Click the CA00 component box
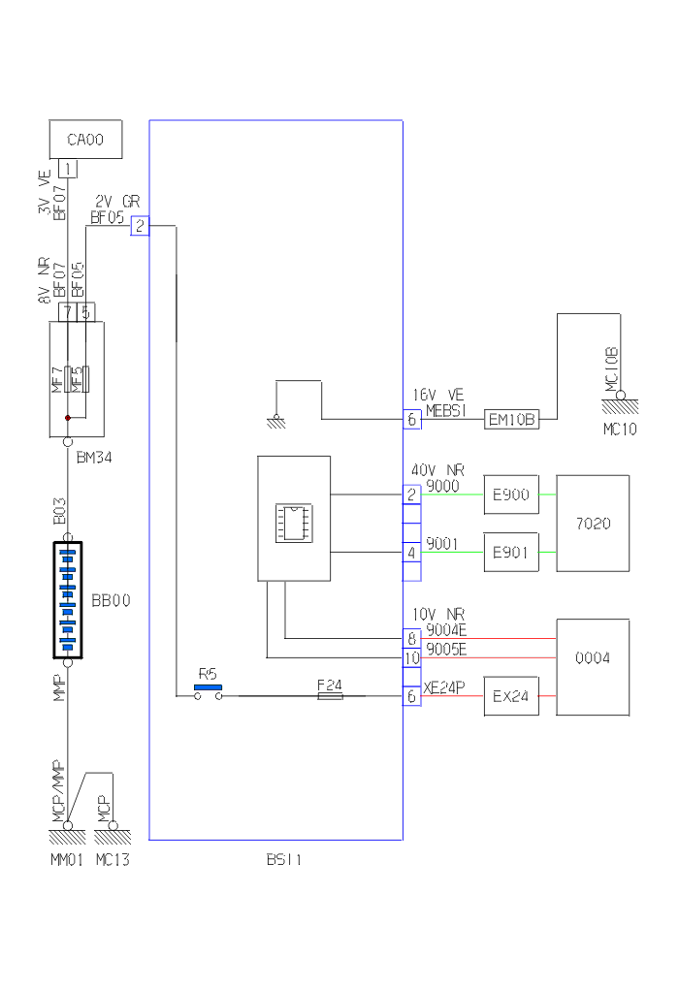point(85,140)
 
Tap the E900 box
point(510,494)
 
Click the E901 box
point(510,552)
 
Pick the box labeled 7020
point(593,524)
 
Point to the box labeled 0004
point(592,658)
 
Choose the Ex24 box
point(510,696)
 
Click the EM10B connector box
point(510,420)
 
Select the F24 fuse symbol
point(330,695)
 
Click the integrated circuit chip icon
point(292,523)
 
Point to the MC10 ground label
point(619,429)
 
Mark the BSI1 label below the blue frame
point(283,859)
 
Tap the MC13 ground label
point(113,859)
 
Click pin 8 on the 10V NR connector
point(412,638)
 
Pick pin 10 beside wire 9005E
point(412,657)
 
